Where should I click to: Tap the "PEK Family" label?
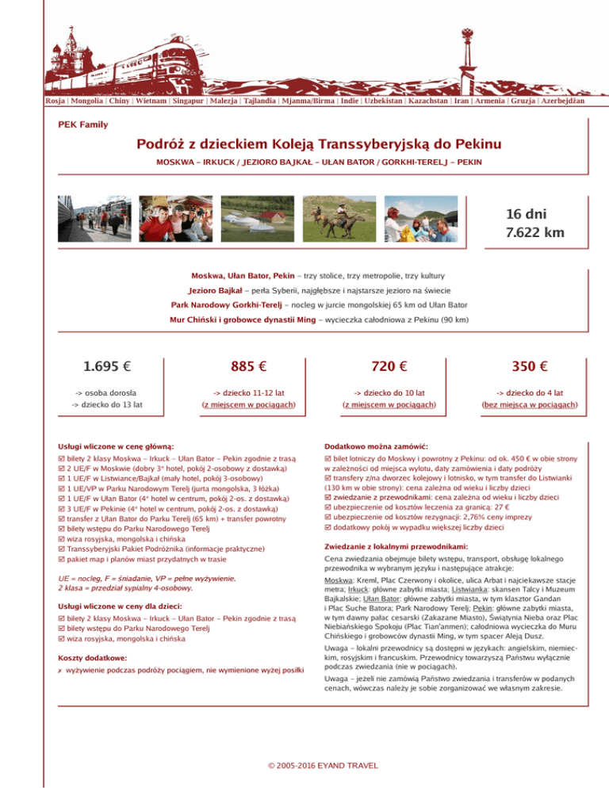[x=83, y=124]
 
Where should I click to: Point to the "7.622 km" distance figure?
[x=535, y=232]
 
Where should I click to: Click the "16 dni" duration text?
[x=527, y=213]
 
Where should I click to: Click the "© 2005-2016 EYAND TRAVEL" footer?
[x=324, y=765]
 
